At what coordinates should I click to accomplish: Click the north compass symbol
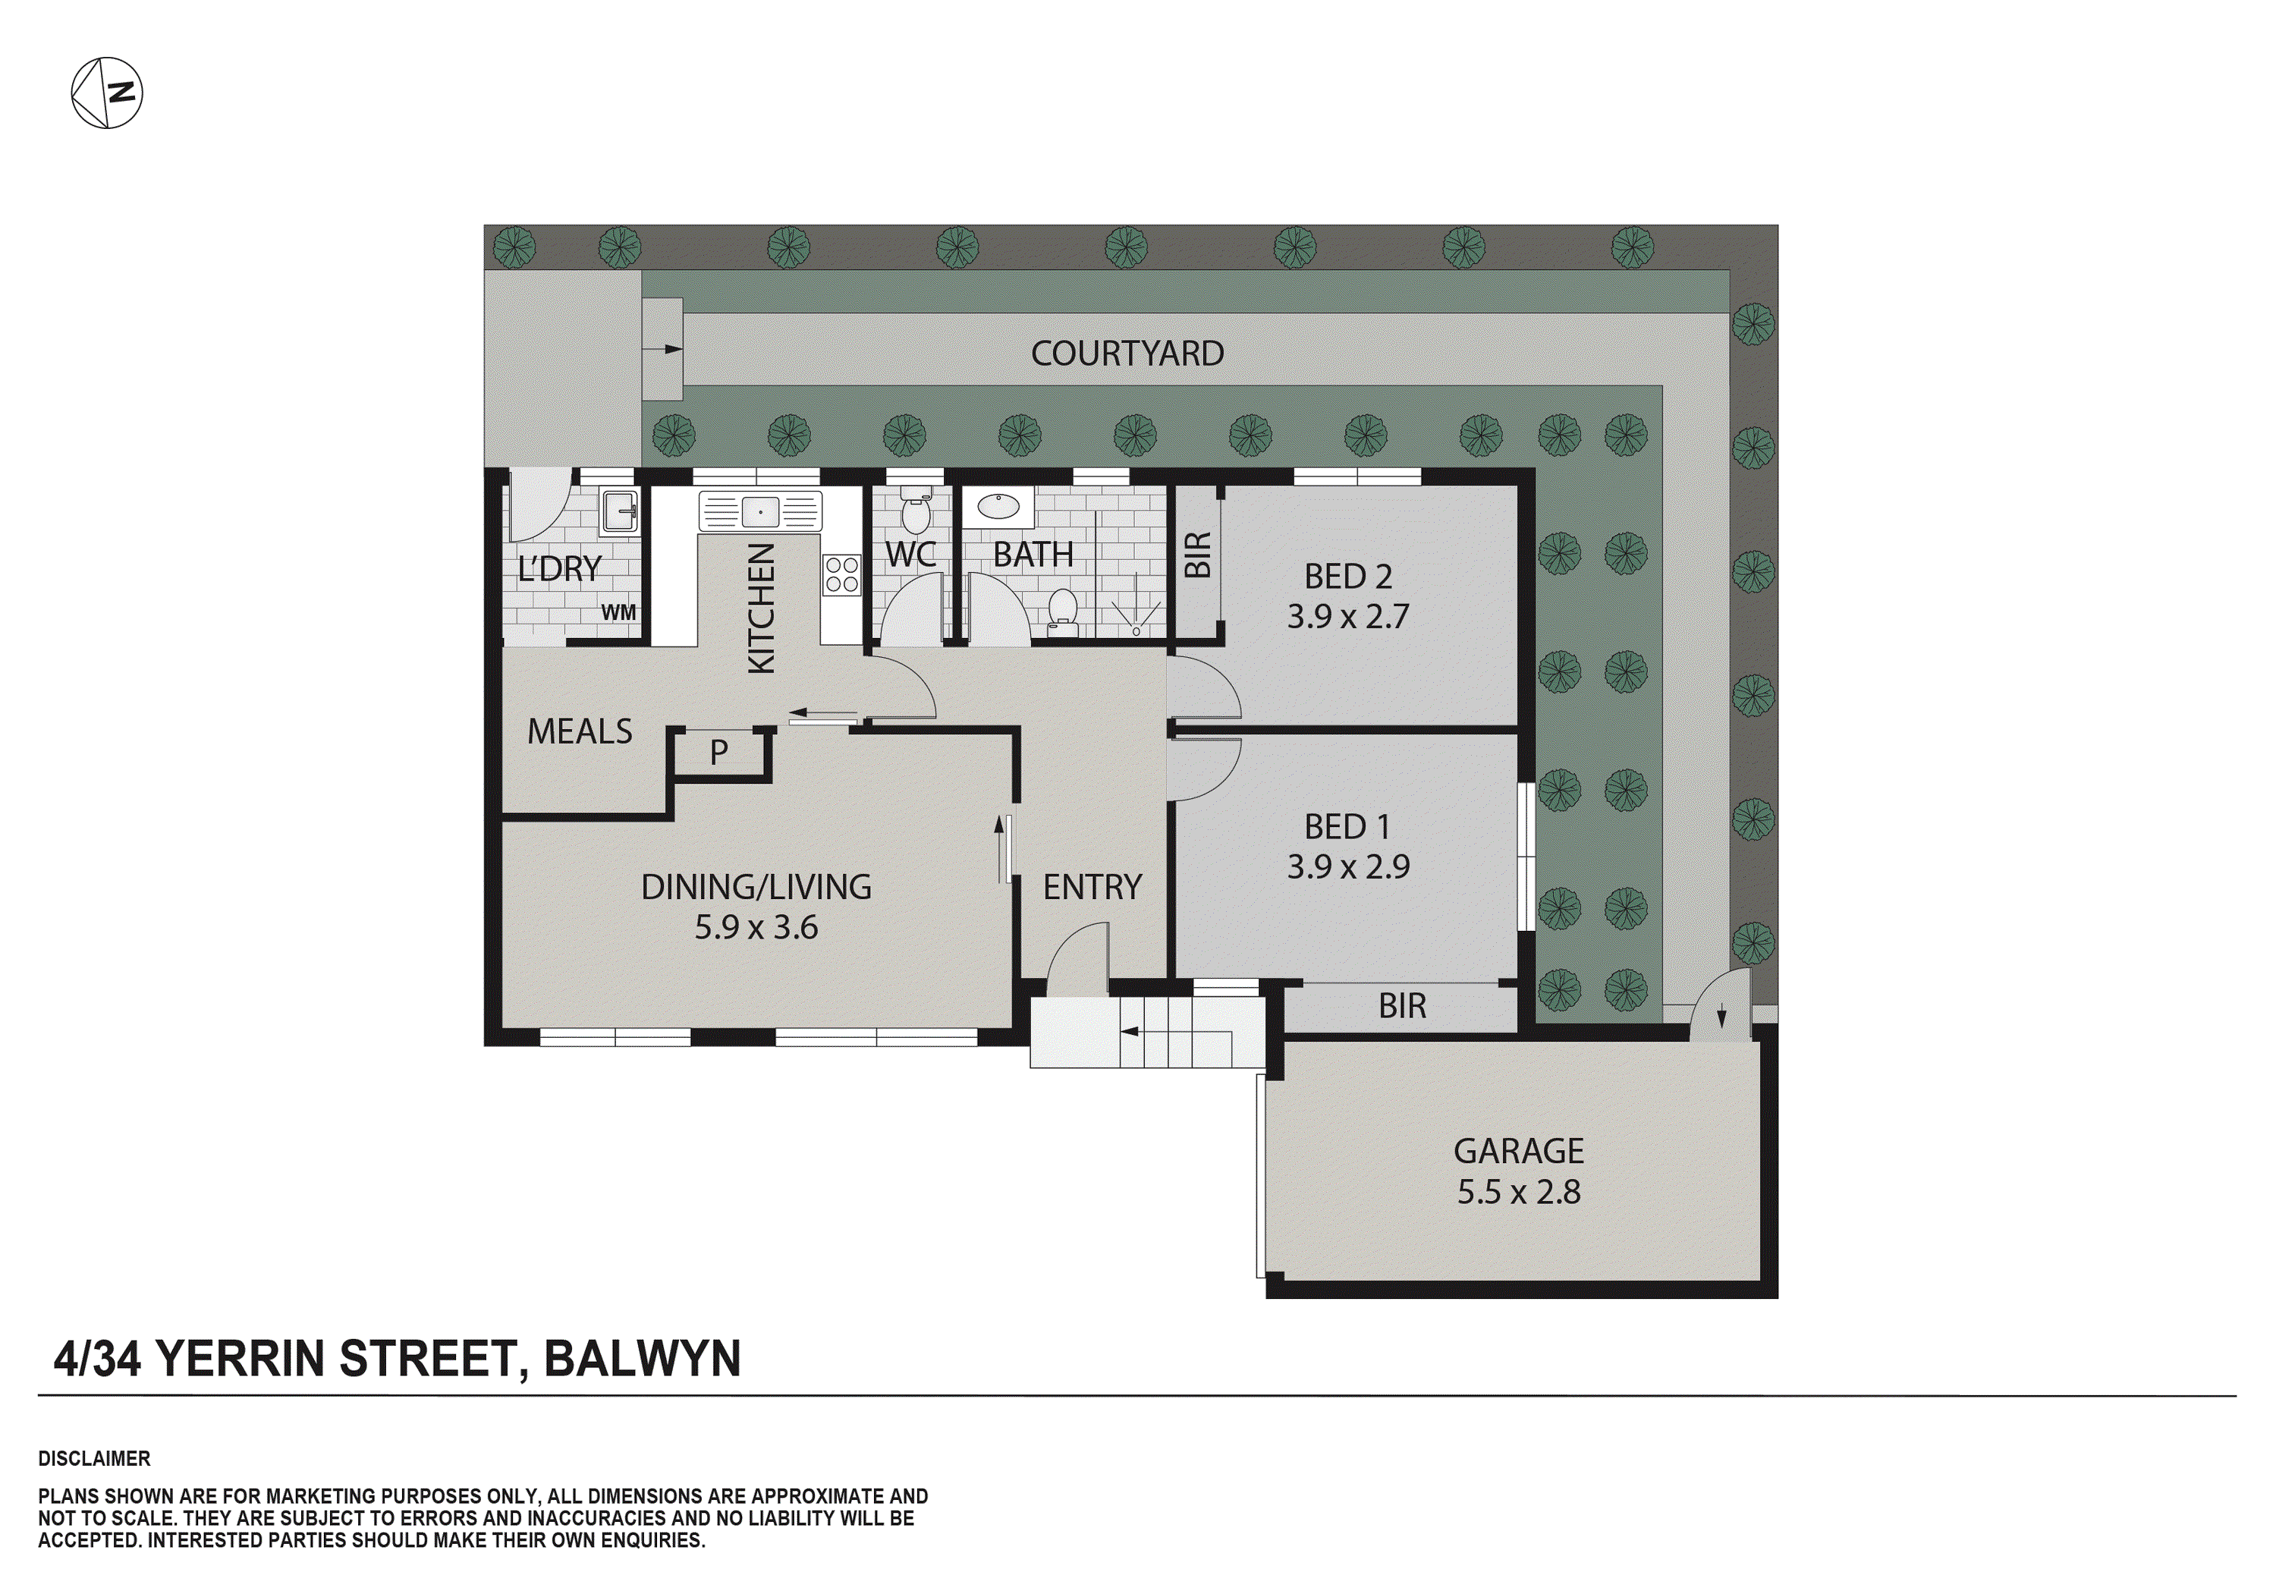coord(107,93)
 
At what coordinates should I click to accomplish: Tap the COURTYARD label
coord(1127,354)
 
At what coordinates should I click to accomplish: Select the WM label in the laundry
coord(618,612)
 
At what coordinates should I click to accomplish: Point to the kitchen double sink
coord(759,511)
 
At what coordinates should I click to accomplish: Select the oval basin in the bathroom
coord(997,508)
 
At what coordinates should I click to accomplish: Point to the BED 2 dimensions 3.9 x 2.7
coord(1348,617)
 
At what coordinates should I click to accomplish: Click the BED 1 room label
coord(1347,827)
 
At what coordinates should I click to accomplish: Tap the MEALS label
coord(580,731)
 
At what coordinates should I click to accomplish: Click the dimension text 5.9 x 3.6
coord(756,928)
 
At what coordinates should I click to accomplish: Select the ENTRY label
coord(1092,887)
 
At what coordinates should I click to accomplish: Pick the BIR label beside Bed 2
coord(1197,555)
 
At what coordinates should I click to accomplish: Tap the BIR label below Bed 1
coord(1402,1006)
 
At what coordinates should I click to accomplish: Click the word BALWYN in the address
coord(643,1358)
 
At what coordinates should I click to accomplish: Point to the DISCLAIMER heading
coord(94,1458)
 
